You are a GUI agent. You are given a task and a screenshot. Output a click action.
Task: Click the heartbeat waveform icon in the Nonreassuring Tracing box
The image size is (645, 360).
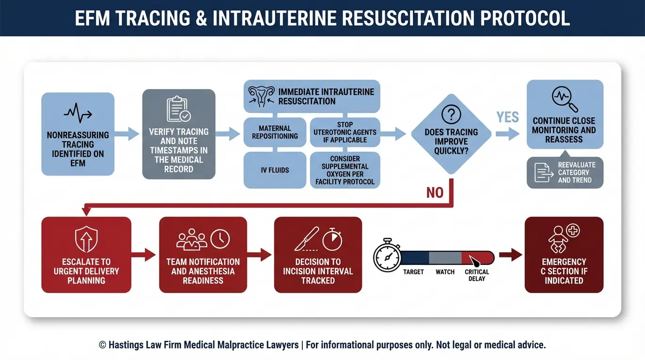[x=78, y=113]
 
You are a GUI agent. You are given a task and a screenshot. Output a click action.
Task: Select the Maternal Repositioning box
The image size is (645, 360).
[x=274, y=132]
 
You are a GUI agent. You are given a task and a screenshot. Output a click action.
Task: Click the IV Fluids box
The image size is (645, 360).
[x=274, y=170]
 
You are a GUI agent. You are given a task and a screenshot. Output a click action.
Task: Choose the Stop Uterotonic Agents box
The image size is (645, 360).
[x=345, y=132]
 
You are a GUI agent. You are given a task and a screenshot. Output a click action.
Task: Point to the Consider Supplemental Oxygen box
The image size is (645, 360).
[x=345, y=170]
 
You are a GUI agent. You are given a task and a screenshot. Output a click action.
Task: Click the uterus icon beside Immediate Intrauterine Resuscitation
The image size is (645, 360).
[x=261, y=96]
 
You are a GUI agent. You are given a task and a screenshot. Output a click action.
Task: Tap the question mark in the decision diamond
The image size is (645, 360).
[x=451, y=114]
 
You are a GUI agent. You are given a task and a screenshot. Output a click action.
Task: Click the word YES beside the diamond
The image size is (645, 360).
[x=508, y=117]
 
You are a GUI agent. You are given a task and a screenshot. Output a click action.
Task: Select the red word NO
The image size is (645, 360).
[x=435, y=192]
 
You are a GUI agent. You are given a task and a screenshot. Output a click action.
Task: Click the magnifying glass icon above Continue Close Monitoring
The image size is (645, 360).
[x=564, y=99]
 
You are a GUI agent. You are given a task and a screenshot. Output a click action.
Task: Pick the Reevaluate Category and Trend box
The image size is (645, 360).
[x=565, y=172]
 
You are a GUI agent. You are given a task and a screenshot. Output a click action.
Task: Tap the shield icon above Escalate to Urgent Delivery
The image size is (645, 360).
[x=86, y=240]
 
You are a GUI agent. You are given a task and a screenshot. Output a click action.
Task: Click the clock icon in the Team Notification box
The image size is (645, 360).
[x=220, y=239]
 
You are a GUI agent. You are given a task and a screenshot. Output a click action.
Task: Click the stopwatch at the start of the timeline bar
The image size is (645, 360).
[x=387, y=255]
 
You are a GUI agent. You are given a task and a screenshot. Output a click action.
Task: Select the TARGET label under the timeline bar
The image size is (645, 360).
[x=413, y=272]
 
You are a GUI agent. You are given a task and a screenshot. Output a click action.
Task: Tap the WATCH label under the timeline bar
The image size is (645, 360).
[x=445, y=272]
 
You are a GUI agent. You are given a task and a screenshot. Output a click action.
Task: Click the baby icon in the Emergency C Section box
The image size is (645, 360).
[x=558, y=240]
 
